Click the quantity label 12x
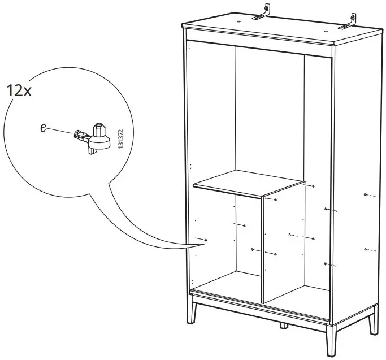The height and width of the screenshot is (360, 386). coord(19,91)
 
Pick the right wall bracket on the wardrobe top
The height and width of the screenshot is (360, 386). coord(350,21)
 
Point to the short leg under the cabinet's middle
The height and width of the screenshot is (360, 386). coord(281,326)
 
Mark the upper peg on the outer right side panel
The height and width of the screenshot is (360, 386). coord(366,196)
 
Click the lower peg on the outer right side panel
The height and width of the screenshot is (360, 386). coord(366,249)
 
